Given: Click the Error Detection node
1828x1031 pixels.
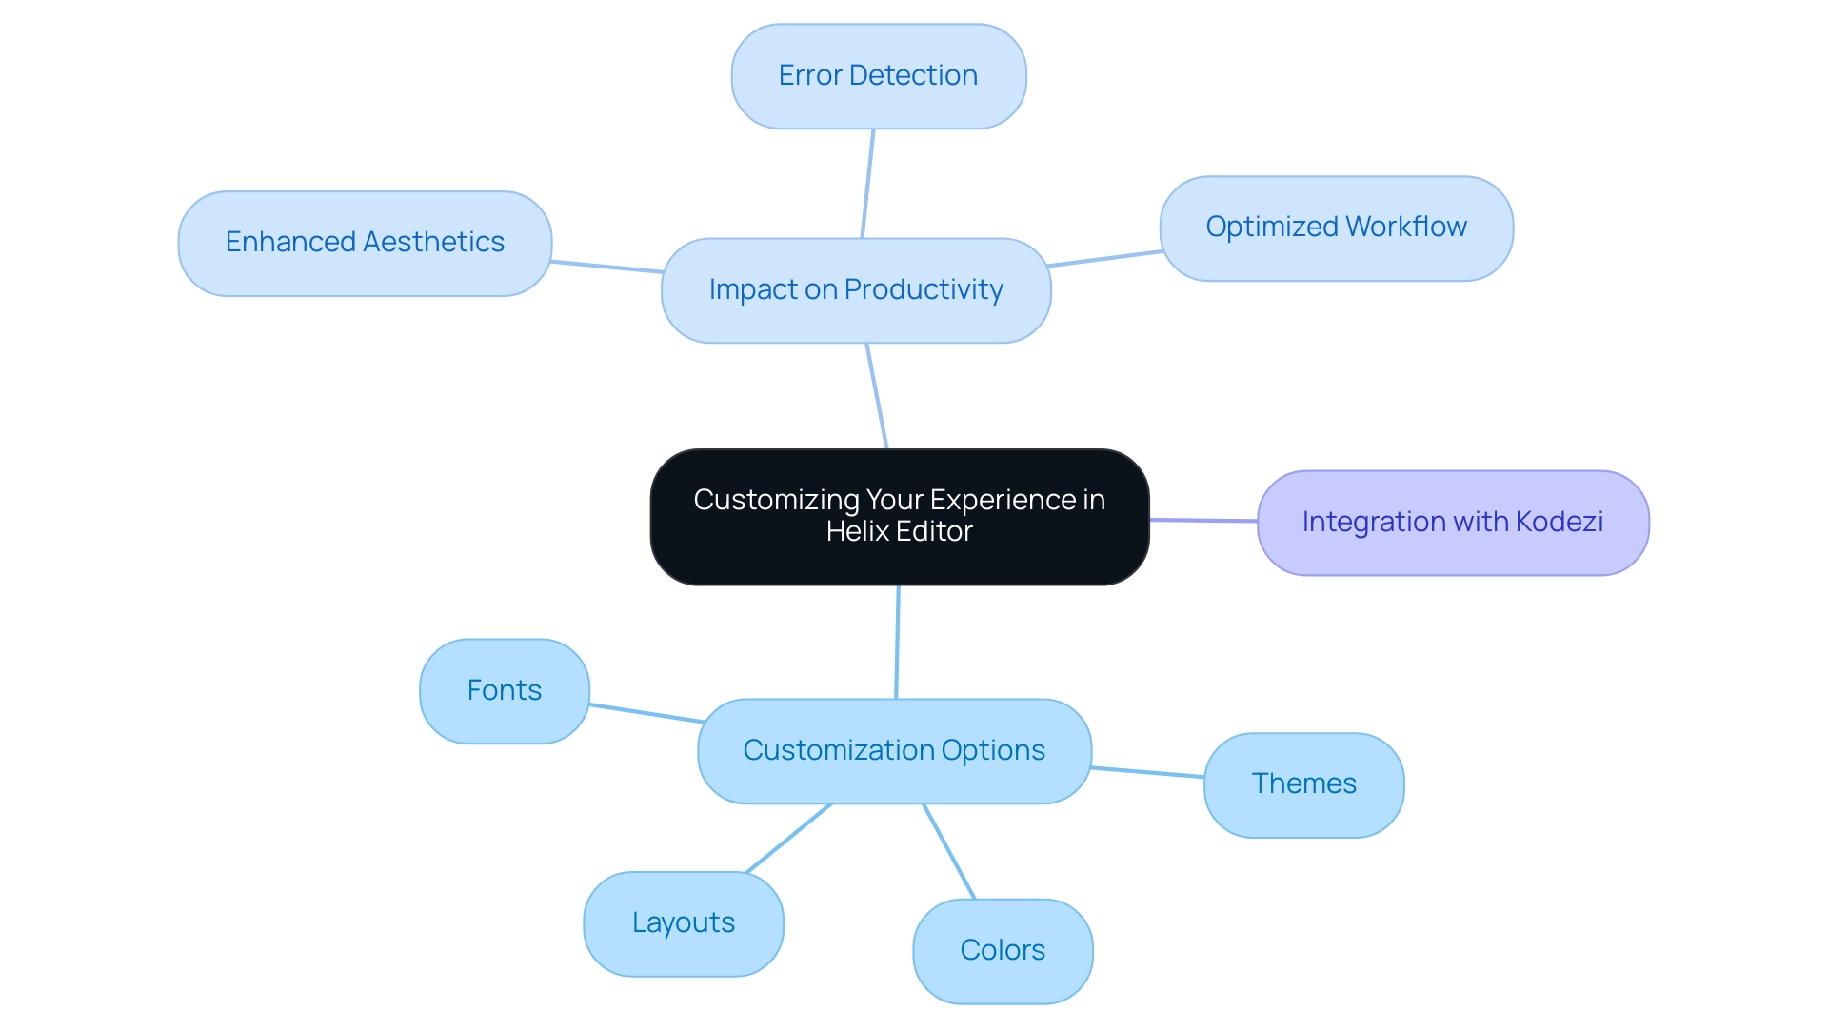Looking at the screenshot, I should pyautogui.click(x=878, y=76).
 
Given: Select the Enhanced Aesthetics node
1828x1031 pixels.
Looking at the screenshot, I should pyautogui.click(x=365, y=243).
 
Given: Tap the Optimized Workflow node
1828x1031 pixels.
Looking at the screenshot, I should pyautogui.click(x=1336, y=228).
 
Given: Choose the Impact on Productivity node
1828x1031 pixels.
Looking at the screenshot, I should pyautogui.click(x=855, y=290).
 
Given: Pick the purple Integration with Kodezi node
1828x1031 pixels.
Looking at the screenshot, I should pyautogui.click(x=1452, y=523).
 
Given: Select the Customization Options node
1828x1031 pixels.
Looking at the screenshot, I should pyautogui.click(x=893, y=751).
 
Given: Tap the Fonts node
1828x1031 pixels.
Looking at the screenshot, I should pyautogui.click(x=504, y=691).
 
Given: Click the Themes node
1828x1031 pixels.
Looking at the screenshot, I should pyautogui.click(x=1303, y=784).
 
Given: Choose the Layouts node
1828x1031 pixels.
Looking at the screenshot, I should pyautogui.click(x=683, y=923).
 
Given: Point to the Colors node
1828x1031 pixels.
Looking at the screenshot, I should pyautogui.click(x=1002, y=951).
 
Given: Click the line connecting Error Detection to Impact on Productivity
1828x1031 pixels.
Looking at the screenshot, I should pyautogui.click(x=867, y=184).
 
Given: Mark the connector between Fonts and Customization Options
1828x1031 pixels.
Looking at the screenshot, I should pyautogui.click(x=646, y=713).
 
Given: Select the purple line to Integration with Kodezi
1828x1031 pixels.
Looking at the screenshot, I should pyautogui.click(x=1203, y=520).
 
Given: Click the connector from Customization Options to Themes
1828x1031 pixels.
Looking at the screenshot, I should pyautogui.click(x=1147, y=772).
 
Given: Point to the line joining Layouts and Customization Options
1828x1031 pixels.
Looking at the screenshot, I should pyautogui.click(x=788, y=839).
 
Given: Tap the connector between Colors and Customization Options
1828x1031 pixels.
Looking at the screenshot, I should pyautogui.click(x=948, y=851).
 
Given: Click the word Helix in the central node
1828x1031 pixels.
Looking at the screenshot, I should pyautogui.click(x=857, y=531).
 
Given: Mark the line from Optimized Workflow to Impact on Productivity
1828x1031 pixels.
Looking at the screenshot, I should pyautogui.click(x=1104, y=259).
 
